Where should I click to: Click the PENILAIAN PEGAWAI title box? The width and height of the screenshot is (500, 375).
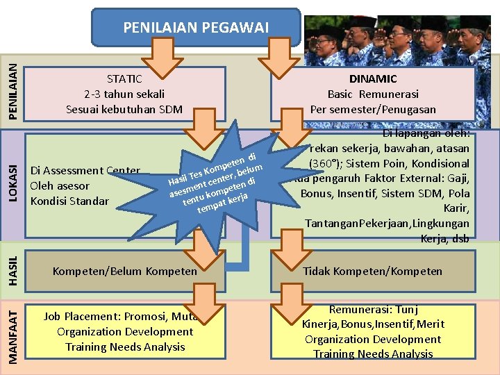coord(195,27)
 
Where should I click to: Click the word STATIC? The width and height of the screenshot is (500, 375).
coord(124,78)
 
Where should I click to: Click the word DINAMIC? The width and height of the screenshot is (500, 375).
coord(373,78)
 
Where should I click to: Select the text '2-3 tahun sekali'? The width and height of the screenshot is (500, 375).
coord(124,94)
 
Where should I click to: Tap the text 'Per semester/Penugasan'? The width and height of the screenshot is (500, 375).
coord(373,109)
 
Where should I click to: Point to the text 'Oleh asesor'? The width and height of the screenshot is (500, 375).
coord(60,186)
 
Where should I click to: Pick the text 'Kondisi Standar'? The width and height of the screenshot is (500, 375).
coord(69,201)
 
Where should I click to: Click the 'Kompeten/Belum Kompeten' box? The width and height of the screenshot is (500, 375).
coord(125,271)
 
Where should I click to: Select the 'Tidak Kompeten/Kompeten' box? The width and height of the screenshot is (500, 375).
coord(373,271)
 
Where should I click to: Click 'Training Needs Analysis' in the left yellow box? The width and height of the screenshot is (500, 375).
coord(125,347)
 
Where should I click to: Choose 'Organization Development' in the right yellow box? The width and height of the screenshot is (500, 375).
coord(373,339)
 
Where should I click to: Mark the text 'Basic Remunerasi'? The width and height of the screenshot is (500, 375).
coord(373,94)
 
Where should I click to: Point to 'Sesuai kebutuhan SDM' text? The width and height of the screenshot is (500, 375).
coord(124,109)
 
